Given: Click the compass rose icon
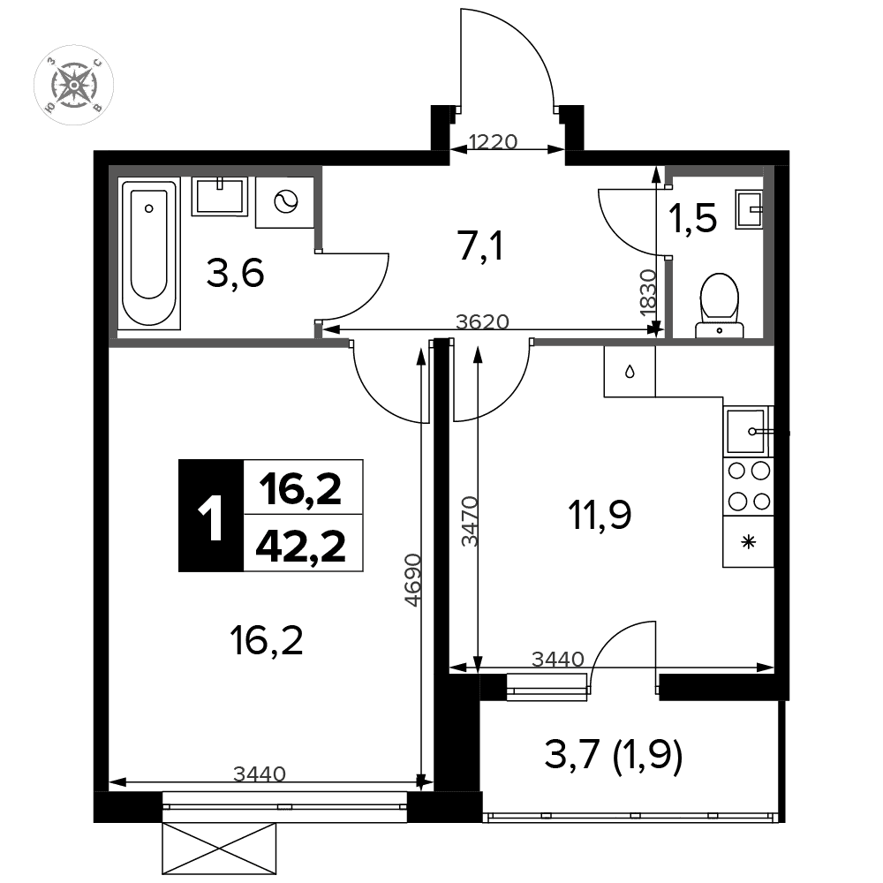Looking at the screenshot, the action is coord(74,85).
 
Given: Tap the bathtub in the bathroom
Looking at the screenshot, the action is coord(149,253).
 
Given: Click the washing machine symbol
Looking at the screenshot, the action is coord(285,201).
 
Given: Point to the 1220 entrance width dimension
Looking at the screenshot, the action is coord(493,141).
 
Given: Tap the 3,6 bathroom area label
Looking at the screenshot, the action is coord(236,274).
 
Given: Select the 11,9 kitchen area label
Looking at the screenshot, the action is coord(600,515).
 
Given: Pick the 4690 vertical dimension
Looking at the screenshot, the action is coord(413,580).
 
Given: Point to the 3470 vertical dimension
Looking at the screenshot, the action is coord(470,522).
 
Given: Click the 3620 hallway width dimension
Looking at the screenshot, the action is coord(482,321).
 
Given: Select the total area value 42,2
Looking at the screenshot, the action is coord(300,546).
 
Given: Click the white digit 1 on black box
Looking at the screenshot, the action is coord(211,516).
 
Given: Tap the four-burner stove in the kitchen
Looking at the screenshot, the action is coord(749,486).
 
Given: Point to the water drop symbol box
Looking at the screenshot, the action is coord(630,372).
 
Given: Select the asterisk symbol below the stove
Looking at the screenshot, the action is coord(749,543).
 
